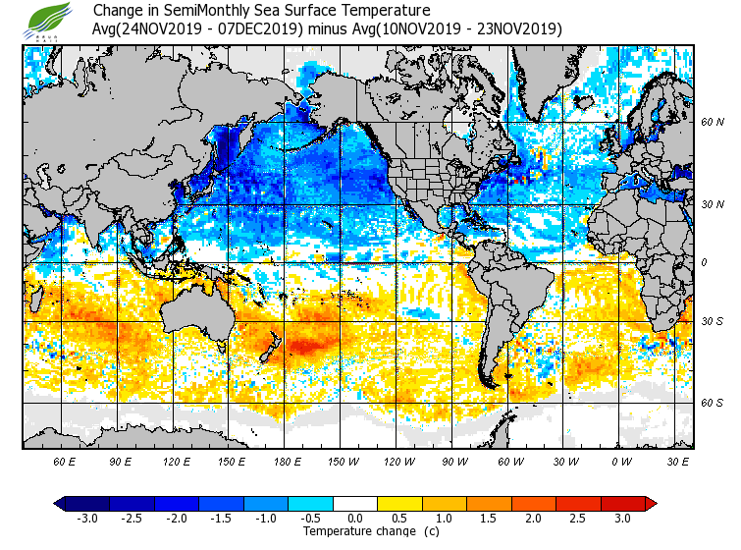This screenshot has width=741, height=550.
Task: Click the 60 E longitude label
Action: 65,461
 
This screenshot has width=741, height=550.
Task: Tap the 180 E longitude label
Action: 287,461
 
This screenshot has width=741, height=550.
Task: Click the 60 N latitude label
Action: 712,123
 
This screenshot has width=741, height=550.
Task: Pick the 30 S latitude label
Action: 712,321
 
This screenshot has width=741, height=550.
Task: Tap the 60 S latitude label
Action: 712,403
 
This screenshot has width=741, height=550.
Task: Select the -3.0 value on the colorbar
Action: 86,518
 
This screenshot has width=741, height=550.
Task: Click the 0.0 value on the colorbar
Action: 356,518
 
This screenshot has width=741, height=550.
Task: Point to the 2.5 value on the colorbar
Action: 578,518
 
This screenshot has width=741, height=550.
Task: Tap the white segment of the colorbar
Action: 355,503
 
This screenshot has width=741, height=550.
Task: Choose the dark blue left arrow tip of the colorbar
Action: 60,503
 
